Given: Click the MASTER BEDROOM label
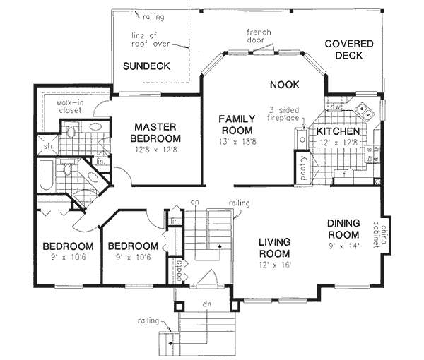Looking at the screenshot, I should [x=157, y=133].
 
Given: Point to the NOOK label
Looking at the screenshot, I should [x=285, y=85].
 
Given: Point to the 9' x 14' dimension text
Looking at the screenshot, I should [x=345, y=246].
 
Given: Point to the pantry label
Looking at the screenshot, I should [x=304, y=172].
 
